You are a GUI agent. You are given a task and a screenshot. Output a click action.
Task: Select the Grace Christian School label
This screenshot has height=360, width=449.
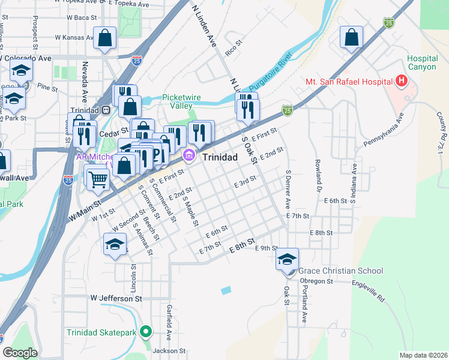pos(340,271)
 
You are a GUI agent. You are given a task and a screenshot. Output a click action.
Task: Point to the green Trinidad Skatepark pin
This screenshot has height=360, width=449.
pos(145,331)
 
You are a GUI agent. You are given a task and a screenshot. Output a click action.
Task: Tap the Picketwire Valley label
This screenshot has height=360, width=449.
pos(181,101)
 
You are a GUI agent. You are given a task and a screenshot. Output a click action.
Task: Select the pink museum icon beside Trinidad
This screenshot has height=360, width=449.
pos(189,157)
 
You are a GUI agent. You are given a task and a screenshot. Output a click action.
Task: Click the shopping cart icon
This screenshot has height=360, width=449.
pos(97,178)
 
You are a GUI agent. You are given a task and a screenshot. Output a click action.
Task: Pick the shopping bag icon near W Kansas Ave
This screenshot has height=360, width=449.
pos(104,38)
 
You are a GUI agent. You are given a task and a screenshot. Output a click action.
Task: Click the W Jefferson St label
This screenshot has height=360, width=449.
pos(116,298)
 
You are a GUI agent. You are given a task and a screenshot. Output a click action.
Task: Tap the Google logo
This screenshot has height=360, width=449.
pos(20,353)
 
